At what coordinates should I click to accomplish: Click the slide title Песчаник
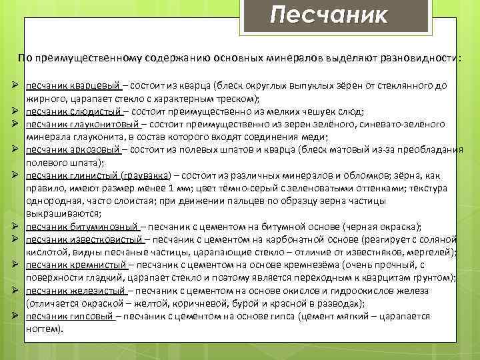pos(329,15)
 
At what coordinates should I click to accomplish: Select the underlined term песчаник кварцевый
pos(73,86)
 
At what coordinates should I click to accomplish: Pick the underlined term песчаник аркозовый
pos(74,149)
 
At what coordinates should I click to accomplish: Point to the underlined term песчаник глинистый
pos(73,175)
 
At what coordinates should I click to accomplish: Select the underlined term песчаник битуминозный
pos(82,227)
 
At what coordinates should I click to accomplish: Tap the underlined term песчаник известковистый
pos(85,239)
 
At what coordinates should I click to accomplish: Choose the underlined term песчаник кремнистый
pos(76,265)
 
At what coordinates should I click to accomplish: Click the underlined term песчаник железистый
pos(76,291)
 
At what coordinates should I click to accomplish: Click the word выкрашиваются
pos(62,213)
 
